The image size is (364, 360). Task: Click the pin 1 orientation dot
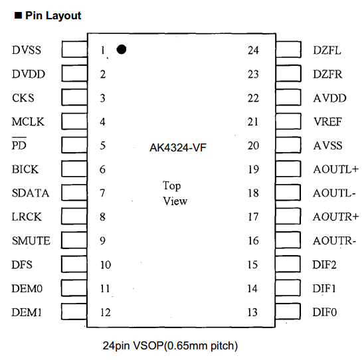(122, 49)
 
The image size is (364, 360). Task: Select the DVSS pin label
(27, 50)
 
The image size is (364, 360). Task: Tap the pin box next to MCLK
(74, 122)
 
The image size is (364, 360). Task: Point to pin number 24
(253, 50)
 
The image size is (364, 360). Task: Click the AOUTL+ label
(335, 169)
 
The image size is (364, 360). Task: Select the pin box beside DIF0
(289, 312)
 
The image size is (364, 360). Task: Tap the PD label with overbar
(19, 146)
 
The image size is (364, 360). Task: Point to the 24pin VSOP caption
(170, 345)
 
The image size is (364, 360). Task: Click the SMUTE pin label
(31, 241)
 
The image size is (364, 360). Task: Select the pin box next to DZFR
(289, 74)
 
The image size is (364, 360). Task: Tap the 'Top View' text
(175, 193)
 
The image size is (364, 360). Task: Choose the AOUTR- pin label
(335, 241)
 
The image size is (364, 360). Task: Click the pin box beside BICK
(74, 169)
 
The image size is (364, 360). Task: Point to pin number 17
(253, 217)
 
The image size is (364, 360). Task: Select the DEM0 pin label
(27, 289)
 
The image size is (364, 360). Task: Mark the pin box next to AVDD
(289, 98)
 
